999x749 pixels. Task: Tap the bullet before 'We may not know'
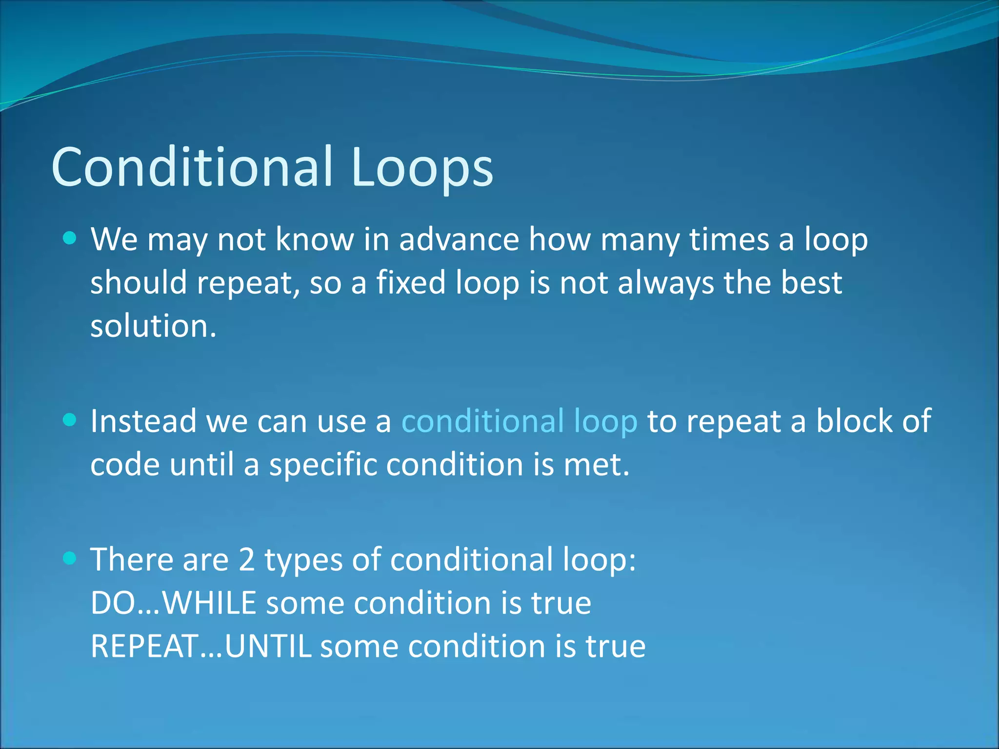click(70, 238)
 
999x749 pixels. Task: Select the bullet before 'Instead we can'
click(70, 420)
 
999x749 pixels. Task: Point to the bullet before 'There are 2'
click(70, 558)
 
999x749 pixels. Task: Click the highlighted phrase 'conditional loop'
click(519, 421)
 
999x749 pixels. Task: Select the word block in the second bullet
click(854, 421)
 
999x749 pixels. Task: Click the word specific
click(323, 465)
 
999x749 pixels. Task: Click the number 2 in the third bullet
click(247, 560)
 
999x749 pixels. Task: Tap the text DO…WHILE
click(173, 603)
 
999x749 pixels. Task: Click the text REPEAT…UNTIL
click(200, 647)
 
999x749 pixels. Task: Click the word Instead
click(143, 421)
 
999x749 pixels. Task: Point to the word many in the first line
click(639, 240)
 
